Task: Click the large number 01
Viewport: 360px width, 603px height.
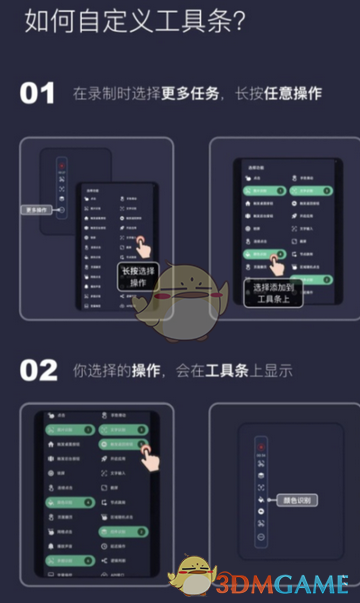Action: [38, 94]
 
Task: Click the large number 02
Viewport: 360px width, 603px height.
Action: [39, 369]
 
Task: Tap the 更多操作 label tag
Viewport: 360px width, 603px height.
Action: [39, 211]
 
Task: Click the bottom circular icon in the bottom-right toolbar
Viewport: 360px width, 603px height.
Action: [261, 537]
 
